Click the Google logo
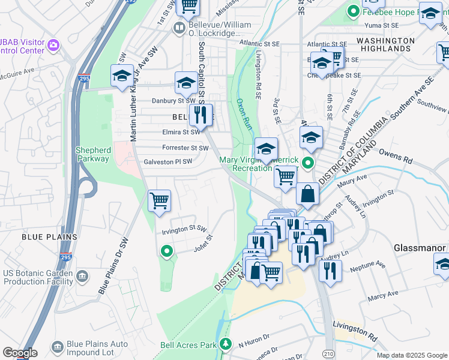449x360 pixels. [20, 353]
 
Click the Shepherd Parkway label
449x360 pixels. [93, 154]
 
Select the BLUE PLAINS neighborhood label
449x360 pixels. [49, 237]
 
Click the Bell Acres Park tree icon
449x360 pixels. [226, 344]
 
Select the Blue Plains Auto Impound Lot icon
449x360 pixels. [58, 347]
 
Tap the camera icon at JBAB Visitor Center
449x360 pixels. [53, 45]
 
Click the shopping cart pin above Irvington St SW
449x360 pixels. [159, 200]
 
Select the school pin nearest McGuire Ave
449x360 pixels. [121, 76]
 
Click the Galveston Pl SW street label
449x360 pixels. [168, 162]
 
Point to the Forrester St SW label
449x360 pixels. [185, 148]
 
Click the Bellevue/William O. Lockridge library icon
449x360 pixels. [179, 28]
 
